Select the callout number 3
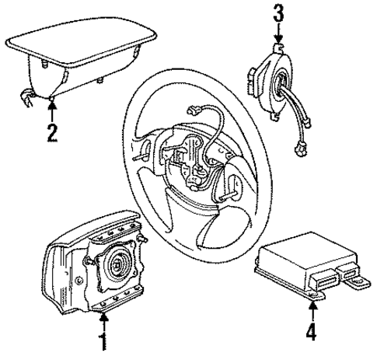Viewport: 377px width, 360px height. pos(278,14)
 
